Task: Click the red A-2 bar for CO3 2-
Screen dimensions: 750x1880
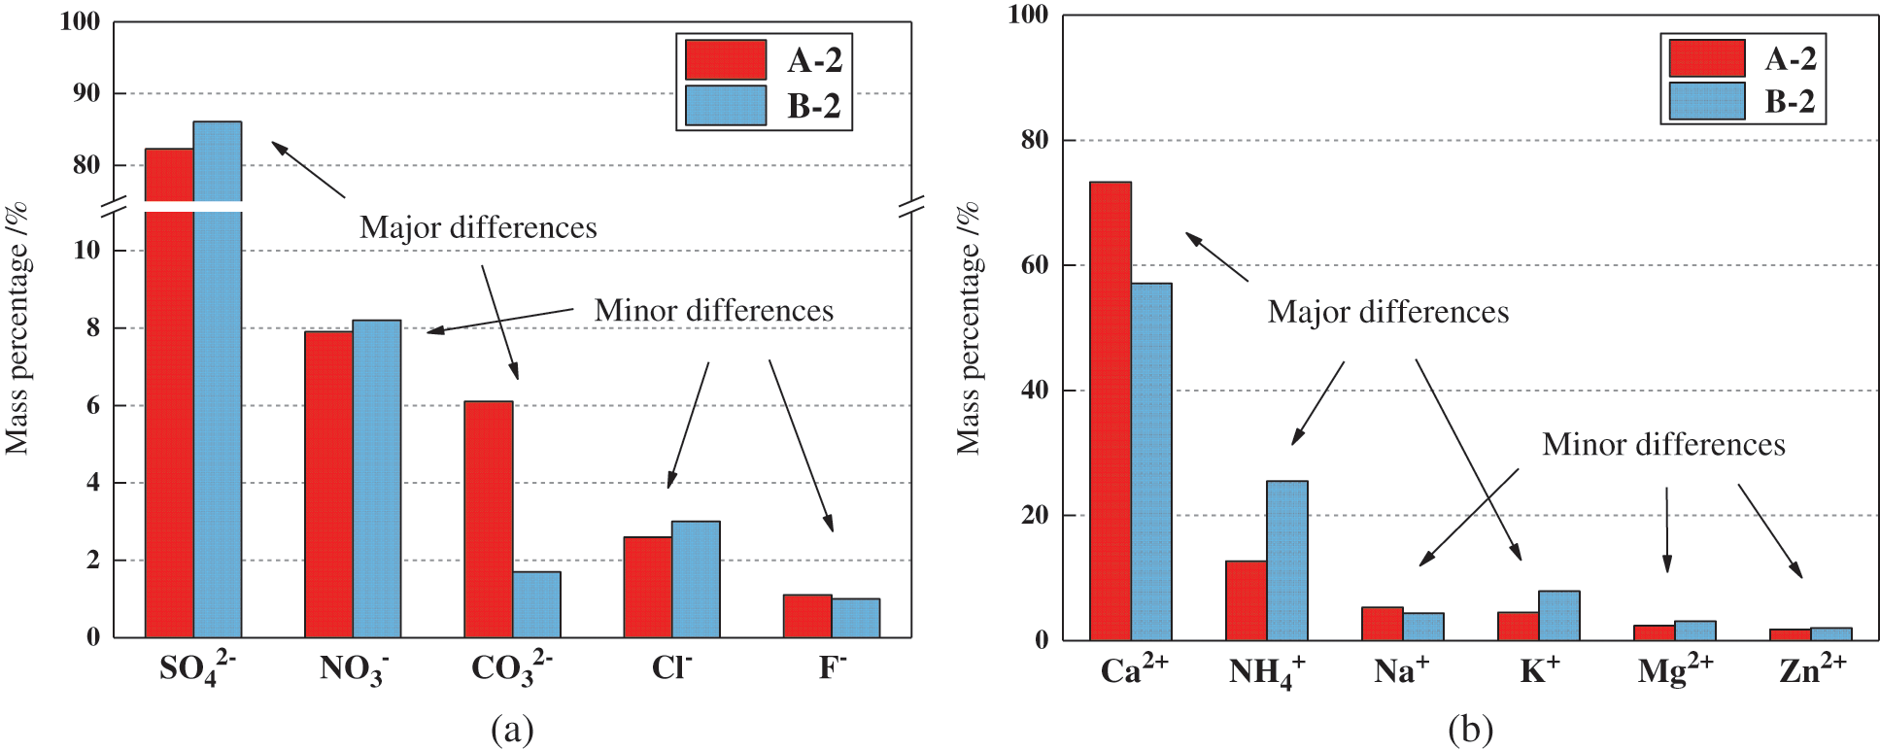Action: pyautogui.click(x=488, y=519)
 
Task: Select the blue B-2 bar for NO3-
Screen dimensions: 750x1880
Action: pyautogui.click(x=377, y=479)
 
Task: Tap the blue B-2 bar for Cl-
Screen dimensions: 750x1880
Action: pyautogui.click(x=696, y=579)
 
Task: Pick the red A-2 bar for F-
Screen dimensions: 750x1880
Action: pyautogui.click(x=807, y=616)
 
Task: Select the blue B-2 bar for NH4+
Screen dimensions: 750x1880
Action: pyautogui.click(x=1286, y=561)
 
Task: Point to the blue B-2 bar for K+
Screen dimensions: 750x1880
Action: pyautogui.click(x=1558, y=616)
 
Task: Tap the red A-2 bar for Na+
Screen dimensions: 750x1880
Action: pyautogui.click(x=1382, y=624)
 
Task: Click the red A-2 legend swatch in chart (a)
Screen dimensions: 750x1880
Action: pyautogui.click(x=726, y=60)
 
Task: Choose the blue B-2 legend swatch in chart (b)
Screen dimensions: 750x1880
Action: pyautogui.click(x=1707, y=101)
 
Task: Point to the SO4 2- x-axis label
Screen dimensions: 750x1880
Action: pyautogui.click(x=197, y=668)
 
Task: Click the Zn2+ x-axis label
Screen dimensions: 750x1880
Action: pyautogui.click(x=1812, y=669)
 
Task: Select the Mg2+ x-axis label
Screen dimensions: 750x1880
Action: pyautogui.click(x=1675, y=670)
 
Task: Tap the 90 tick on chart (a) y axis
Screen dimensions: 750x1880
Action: pyautogui.click(x=86, y=93)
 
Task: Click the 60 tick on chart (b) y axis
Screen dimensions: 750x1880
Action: pyautogui.click(x=1036, y=265)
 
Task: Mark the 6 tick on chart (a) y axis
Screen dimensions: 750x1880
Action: pyautogui.click(x=93, y=405)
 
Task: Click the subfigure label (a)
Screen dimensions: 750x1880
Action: pyautogui.click(x=512, y=729)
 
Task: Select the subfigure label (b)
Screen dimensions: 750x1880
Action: pyautogui.click(x=1469, y=729)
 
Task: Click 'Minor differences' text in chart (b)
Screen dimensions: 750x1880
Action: pyautogui.click(x=1663, y=445)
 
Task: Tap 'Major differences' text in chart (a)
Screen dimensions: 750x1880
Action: pyautogui.click(x=478, y=227)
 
